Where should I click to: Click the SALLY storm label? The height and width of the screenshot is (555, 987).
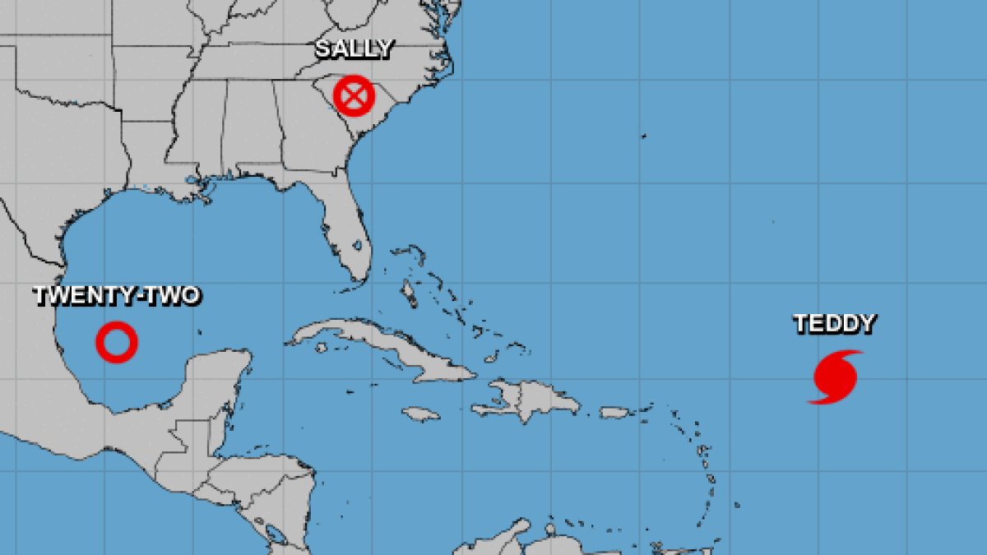pyautogui.click(x=354, y=49)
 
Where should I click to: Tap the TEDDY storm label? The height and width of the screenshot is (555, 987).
pyautogui.click(x=834, y=324)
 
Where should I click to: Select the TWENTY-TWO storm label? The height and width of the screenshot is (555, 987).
pyautogui.click(x=116, y=296)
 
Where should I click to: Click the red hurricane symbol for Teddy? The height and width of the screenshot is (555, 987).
pyautogui.click(x=836, y=376)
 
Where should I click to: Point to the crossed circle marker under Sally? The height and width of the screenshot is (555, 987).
pyautogui.click(x=354, y=96)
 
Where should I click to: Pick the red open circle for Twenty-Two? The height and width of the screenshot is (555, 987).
pyautogui.click(x=116, y=341)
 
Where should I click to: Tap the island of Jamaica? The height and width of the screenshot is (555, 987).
pyautogui.click(x=420, y=414)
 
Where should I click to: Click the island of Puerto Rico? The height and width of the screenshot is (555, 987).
pyautogui.click(x=614, y=412)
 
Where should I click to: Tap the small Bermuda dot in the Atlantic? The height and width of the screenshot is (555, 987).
pyautogui.click(x=644, y=136)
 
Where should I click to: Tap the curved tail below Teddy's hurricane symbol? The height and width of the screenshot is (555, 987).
pyautogui.click(x=818, y=399)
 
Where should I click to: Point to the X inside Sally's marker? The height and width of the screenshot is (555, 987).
pyautogui.click(x=354, y=96)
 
